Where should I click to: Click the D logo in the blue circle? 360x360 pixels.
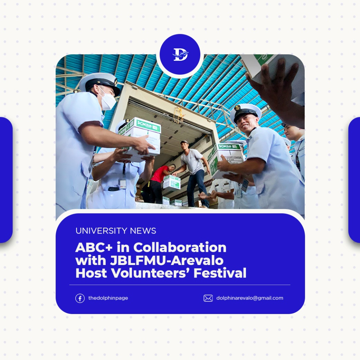pos(180,55)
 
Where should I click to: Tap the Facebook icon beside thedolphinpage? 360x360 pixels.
pos(80,298)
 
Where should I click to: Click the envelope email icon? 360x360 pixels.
pos(208,298)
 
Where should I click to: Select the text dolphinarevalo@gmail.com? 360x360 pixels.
pos(249,298)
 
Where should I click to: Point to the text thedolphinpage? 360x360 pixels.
pos(108,298)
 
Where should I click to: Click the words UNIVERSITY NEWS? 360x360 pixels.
pos(116,231)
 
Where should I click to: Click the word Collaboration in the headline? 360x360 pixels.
pos(180,247)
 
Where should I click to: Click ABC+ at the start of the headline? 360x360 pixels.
pos(91,247)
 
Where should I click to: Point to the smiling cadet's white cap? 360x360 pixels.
pos(246,111)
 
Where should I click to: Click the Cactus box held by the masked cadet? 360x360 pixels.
pos(142,136)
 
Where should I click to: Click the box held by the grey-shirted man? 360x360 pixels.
pos(172,182)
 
